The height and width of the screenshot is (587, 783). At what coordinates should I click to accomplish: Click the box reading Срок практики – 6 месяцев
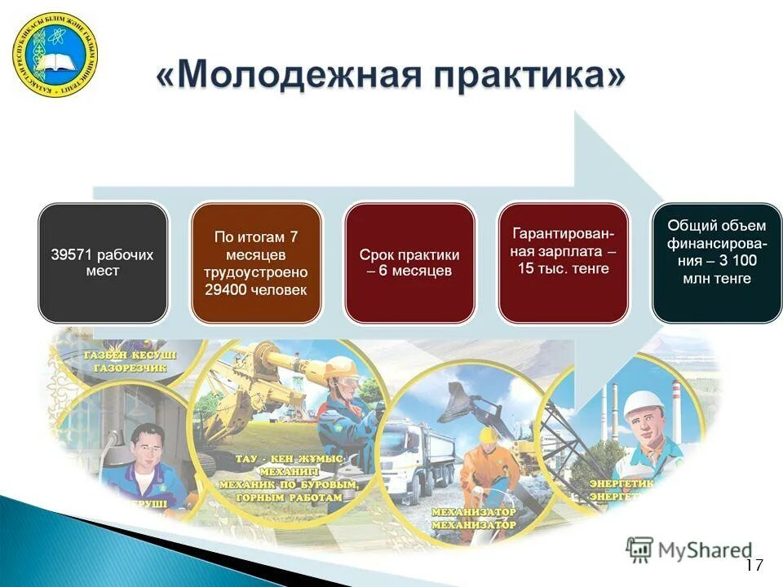409,263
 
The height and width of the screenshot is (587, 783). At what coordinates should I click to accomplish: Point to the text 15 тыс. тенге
563,268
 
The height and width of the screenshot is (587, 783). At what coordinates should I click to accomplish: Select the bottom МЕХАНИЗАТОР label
473,526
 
